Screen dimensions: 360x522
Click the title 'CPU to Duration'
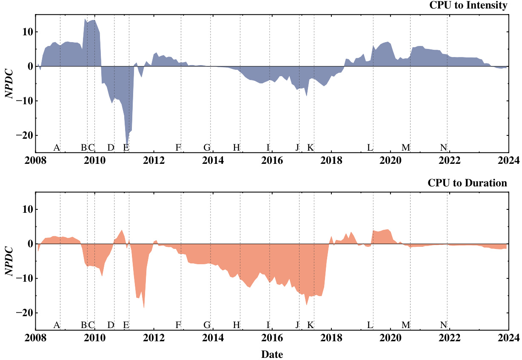click(x=467, y=183)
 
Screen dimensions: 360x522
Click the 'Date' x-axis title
click(x=272, y=354)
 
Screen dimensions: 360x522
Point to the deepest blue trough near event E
click(x=127, y=145)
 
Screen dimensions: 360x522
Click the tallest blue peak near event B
click(x=85, y=19)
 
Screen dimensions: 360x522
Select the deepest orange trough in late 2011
click(x=144, y=307)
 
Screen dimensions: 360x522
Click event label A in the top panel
click(x=56, y=148)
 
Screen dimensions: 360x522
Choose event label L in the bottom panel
click(x=370, y=325)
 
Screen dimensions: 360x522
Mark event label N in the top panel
click(x=444, y=148)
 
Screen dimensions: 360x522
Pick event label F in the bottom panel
click(x=178, y=325)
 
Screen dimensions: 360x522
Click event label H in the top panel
click(x=237, y=148)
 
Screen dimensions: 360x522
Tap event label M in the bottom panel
click(x=406, y=325)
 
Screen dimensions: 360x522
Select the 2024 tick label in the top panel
click(x=509, y=160)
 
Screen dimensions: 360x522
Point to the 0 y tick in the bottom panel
click(x=28, y=244)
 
